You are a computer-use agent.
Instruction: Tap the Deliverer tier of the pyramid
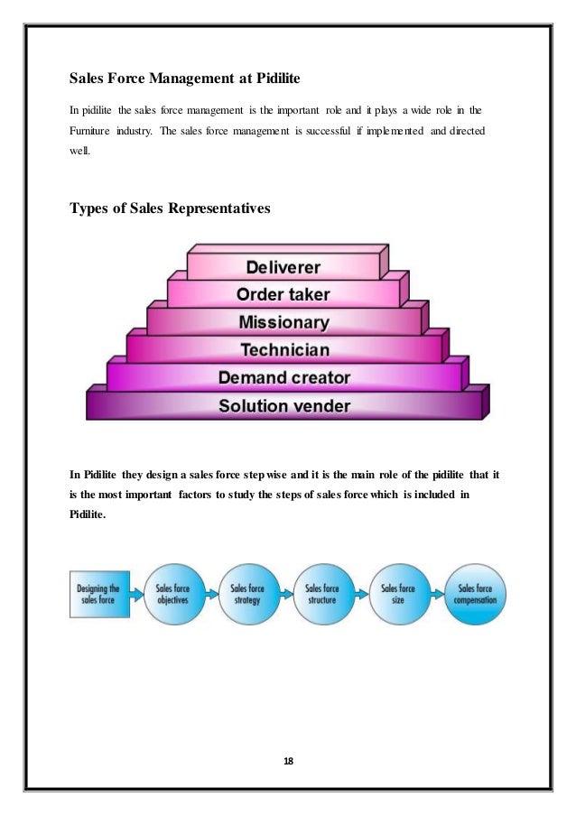[x=283, y=267]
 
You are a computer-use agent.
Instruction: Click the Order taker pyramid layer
[x=283, y=294]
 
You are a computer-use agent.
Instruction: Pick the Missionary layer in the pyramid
[x=283, y=322]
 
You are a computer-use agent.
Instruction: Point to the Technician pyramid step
[x=284, y=349]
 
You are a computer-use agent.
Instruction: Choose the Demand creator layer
[x=283, y=376]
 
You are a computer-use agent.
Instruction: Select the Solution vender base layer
[x=283, y=405]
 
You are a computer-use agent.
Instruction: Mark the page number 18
[x=288, y=763]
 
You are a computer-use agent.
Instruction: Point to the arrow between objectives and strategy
[x=211, y=593]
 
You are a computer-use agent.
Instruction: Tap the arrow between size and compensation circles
[x=438, y=593]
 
